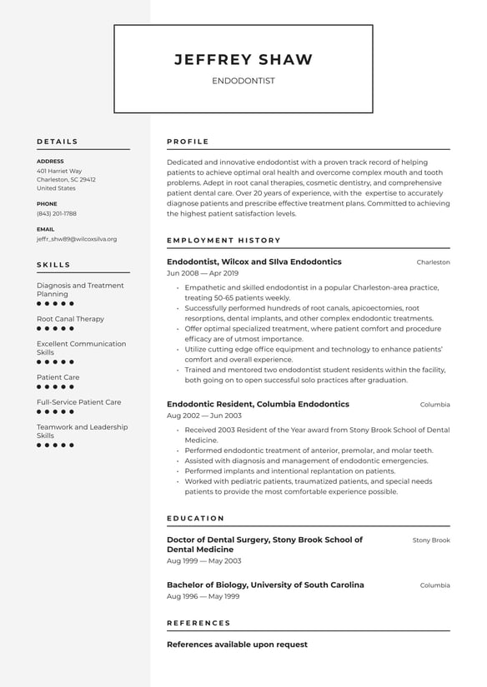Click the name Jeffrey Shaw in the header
[x=243, y=60]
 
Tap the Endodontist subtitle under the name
[x=243, y=82]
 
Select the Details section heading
[x=58, y=142]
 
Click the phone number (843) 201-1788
[x=56, y=213]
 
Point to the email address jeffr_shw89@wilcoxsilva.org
[x=77, y=239]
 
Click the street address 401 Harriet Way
[x=59, y=171]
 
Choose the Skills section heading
[x=53, y=265]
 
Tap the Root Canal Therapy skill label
[x=70, y=319]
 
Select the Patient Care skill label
[x=58, y=377]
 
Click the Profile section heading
[x=188, y=142]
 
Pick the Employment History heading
[x=223, y=241]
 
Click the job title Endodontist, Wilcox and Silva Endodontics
[x=254, y=261]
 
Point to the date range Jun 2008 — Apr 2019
[x=202, y=273]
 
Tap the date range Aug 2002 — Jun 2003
[x=203, y=416]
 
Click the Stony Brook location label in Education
[x=430, y=540]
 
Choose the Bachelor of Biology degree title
[x=265, y=585]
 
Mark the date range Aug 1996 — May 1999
[x=203, y=596]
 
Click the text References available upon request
[x=237, y=645]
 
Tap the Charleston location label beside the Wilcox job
[x=433, y=262]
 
